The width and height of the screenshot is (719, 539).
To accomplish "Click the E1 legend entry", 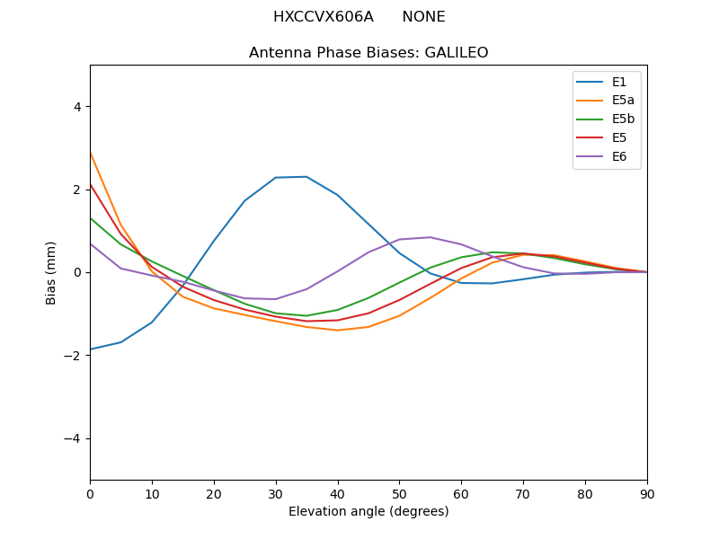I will (607, 82).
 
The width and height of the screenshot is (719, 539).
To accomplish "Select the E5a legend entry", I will (607, 101).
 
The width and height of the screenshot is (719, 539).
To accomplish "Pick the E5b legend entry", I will (607, 119).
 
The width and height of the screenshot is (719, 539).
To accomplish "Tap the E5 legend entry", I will (607, 138).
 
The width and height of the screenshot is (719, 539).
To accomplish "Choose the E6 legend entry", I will (607, 157).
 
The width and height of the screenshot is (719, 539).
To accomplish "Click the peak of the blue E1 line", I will (306, 176).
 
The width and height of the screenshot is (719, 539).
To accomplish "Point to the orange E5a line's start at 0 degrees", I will (90, 152).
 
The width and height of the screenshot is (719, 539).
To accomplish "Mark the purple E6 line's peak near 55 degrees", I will (431, 237).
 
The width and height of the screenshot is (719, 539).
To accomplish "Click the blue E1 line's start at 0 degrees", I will (90, 349).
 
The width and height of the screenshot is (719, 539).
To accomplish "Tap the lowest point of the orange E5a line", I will (337, 330).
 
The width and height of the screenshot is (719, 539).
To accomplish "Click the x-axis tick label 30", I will (276, 494).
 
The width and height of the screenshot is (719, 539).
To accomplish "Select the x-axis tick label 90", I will (647, 494).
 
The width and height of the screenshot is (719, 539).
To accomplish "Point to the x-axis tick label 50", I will (399, 494).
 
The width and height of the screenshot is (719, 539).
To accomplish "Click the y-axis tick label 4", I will (76, 107).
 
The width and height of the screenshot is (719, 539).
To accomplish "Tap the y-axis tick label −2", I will (73, 356).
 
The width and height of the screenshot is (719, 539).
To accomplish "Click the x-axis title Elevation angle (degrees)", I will (368, 512).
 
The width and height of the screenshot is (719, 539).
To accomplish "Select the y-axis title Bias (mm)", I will (51, 272).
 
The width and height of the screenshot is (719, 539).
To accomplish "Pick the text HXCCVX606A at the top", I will (323, 17).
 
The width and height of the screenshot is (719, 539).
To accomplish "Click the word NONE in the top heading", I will (423, 17).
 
